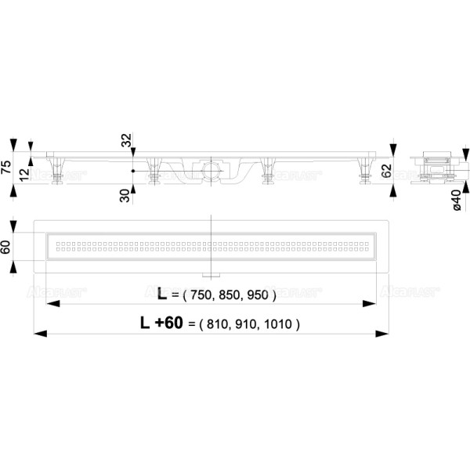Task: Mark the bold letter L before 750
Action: pyautogui.click(x=162, y=295)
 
